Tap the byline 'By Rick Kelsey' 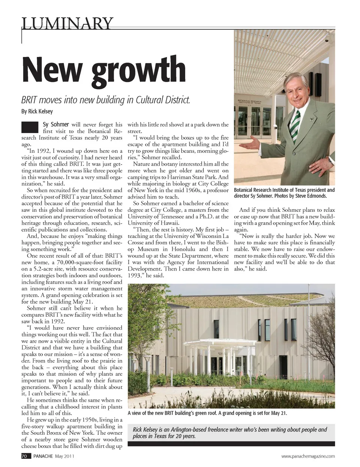(x=37, y=111)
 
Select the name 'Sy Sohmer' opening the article (x=56, y=124)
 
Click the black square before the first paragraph (x=30, y=127)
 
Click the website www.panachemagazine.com (x=308, y=456)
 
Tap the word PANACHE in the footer (x=43, y=456)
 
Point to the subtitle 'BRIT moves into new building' (x=105, y=100)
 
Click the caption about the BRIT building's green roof (x=207, y=413)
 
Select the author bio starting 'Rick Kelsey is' (x=229, y=433)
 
